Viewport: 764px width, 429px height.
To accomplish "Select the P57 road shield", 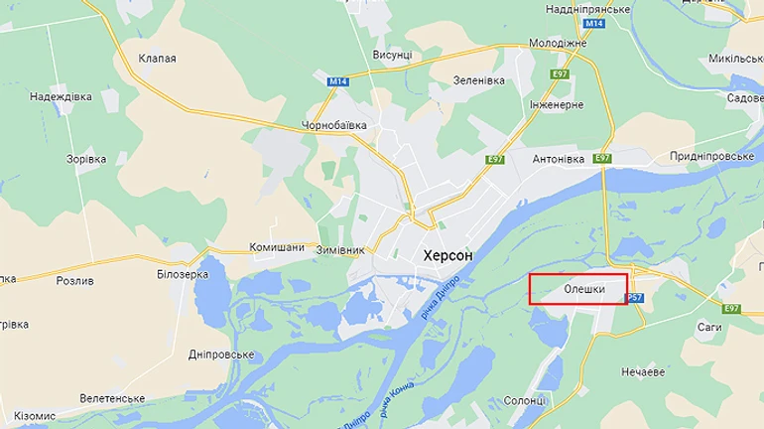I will click(635, 298).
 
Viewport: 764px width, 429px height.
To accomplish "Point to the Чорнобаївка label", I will click(334, 126).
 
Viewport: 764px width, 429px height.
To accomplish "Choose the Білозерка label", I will click(184, 273).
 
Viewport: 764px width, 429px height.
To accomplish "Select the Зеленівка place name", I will click(481, 79).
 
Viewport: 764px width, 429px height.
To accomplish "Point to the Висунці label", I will click(392, 54).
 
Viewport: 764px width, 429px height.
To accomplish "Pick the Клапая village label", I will click(158, 59).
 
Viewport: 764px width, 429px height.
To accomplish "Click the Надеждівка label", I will click(62, 96).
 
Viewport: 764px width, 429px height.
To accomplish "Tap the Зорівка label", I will click(85, 159).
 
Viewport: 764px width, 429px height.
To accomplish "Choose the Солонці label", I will click(525, 400).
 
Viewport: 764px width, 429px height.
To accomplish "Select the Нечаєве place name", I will click(643, 371).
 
